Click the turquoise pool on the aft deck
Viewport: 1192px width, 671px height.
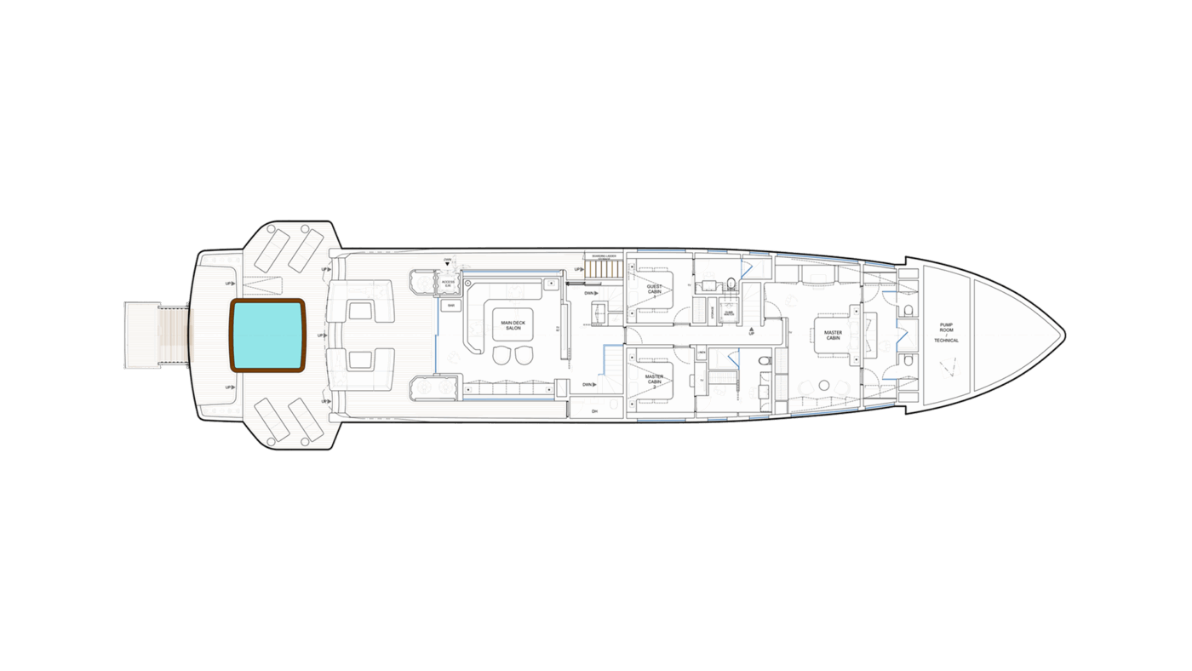(267, 335)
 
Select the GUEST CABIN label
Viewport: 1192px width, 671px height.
(654, 290)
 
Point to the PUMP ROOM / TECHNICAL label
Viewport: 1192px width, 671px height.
(947, 332)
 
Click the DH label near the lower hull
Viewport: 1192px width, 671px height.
(594, 412)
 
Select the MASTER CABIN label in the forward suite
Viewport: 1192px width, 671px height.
(833, 335)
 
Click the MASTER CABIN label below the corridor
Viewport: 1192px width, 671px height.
(654, 379)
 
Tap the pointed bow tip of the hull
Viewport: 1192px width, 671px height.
(1065, 333)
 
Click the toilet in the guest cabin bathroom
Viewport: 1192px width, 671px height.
(731, 284)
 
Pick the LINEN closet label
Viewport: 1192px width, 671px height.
(702, 352)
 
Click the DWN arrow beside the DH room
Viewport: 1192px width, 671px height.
(589, 385)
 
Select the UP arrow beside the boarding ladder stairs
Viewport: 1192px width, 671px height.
(579, 270)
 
